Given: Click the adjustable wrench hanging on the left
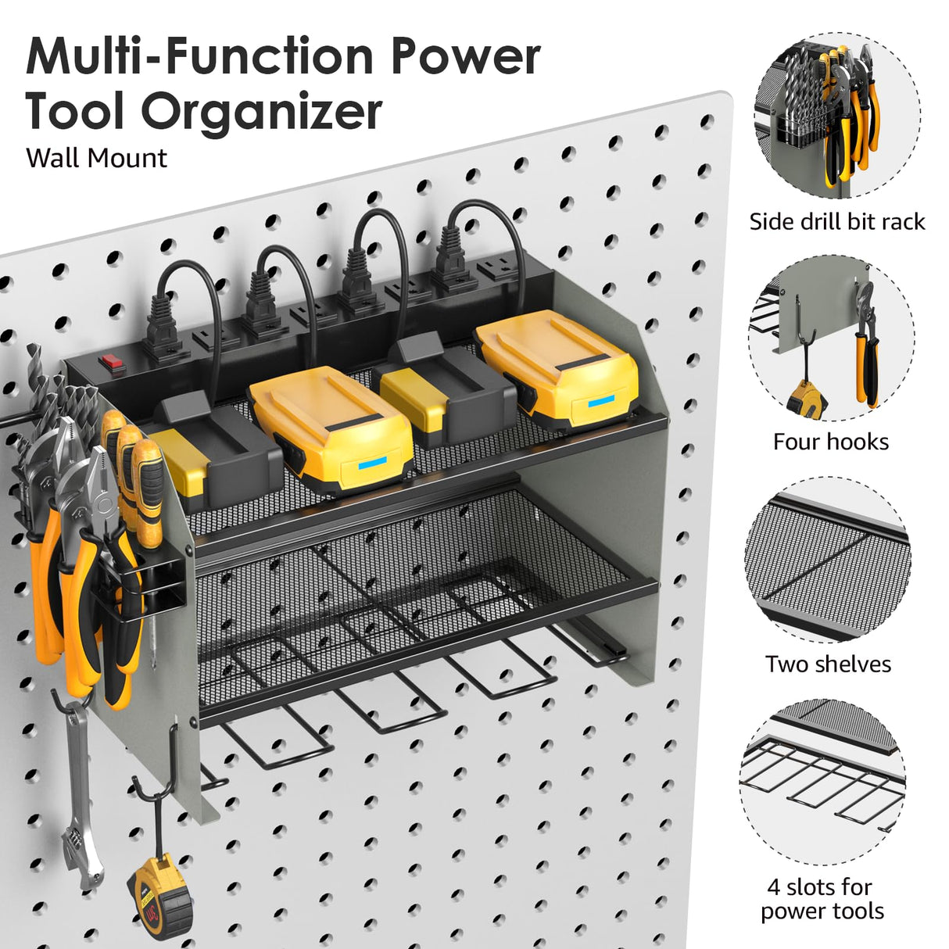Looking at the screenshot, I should pyautogui.click(x=81, y=790).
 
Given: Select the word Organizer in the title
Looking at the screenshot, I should pyautogui.click(x=261, y=111).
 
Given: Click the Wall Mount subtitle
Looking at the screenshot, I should pyautogui.click(x=96, y=158).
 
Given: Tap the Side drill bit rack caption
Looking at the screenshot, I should pyautogui.click(x=836, y=222).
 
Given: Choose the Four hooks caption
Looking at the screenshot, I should pyautogui.click(x=830, y=442).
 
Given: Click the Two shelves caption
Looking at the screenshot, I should pyautogui.click(x=828, y=664).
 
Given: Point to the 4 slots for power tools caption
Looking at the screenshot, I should pyautogui.click(x=822, y=899).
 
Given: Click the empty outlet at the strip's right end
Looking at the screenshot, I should pyautogui.click(x=493, y=270).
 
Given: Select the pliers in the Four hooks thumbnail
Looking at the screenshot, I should pyautogui.click(x=865, y=344).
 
